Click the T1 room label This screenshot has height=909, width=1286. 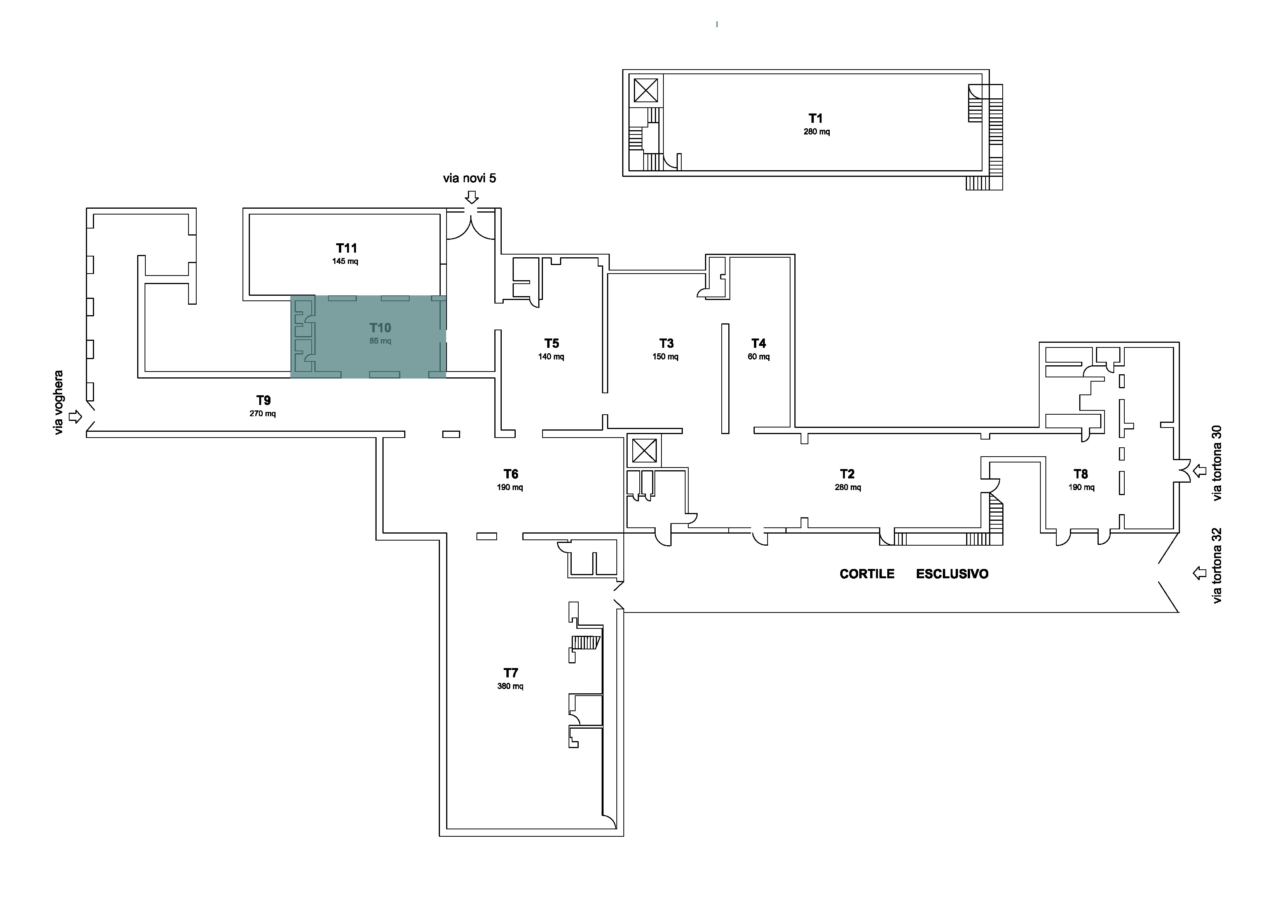pyautogui.click(x=815, y=118)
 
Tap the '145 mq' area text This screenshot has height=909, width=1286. pyautogui.click(x=345, y=262)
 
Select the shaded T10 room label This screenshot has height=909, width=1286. pyautogui.click(x=380, y=328)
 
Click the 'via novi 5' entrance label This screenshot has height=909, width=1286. pyautogui.click(x=469, y=178)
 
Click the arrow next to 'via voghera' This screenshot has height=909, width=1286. pyautogui.click(x=75, y=417)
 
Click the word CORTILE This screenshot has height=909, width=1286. pyautogui.click(x=867, y=574)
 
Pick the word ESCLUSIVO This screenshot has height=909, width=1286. pyautogui.click(x=952, y=574)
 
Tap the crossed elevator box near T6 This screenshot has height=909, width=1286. pyautogui.click(x=644, y=451)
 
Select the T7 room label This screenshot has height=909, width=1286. pyautogui.click(x=510, y=673)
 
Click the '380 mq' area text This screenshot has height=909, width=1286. pyautogui.click(x=510, y=686)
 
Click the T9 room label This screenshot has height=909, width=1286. pyautogui.click(x=263, y=400)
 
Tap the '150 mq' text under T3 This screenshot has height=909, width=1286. pyautogui.click(x=665, y=357)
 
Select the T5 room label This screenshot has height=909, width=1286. pyautogui.click(x=552, y=343)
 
